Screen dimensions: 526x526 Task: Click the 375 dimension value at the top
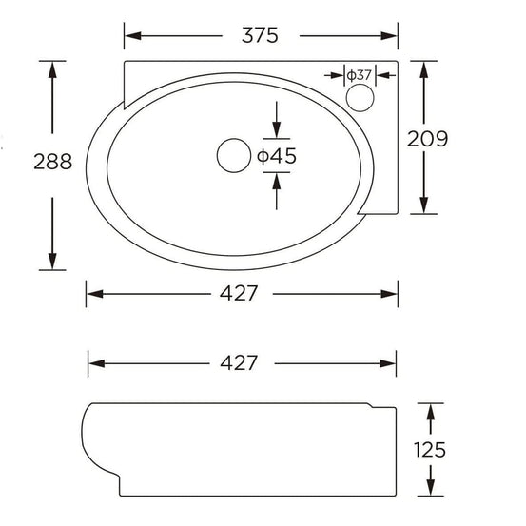[x=260, y=36]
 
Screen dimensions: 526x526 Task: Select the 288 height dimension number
[x=51, y=162]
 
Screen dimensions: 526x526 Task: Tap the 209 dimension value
[x=427, y=138]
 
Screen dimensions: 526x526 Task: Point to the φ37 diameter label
[x=359, y=74]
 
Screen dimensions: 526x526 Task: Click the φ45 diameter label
[x=276, y=156]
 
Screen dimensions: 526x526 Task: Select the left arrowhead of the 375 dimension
[x=132, y=36]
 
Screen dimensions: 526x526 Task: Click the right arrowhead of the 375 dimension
[x=389, y=36]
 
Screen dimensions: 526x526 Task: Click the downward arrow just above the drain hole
[x=277, y=131]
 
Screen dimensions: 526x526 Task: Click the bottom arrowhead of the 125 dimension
[x=433, y=489]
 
